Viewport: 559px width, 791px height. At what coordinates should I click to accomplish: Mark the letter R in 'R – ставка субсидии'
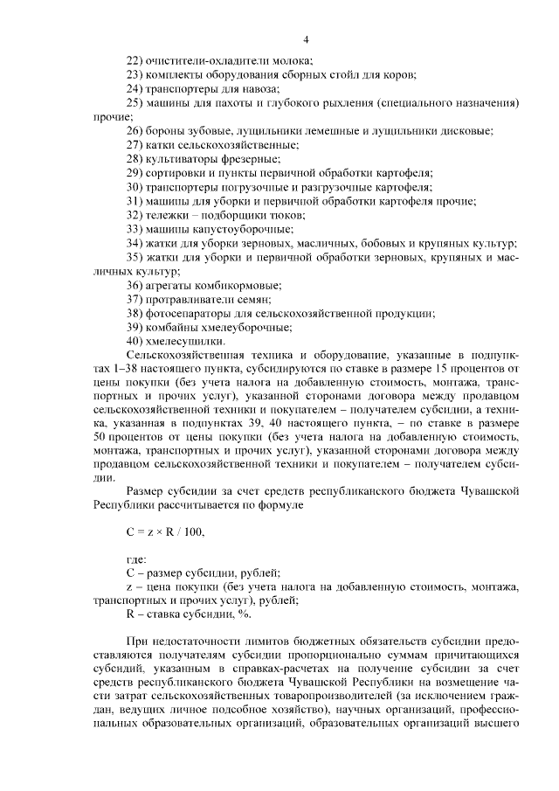coord(131,614)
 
